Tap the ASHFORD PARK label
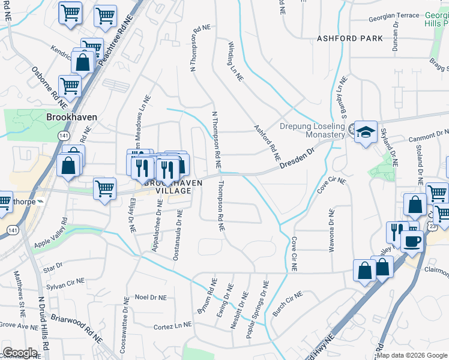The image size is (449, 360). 350,38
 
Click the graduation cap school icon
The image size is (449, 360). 366,133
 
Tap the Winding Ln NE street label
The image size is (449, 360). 235,61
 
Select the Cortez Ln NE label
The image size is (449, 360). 172,325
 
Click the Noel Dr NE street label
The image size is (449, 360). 150,297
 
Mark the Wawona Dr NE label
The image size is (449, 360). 331,230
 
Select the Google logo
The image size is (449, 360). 20,353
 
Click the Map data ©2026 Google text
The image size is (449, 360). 411,355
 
